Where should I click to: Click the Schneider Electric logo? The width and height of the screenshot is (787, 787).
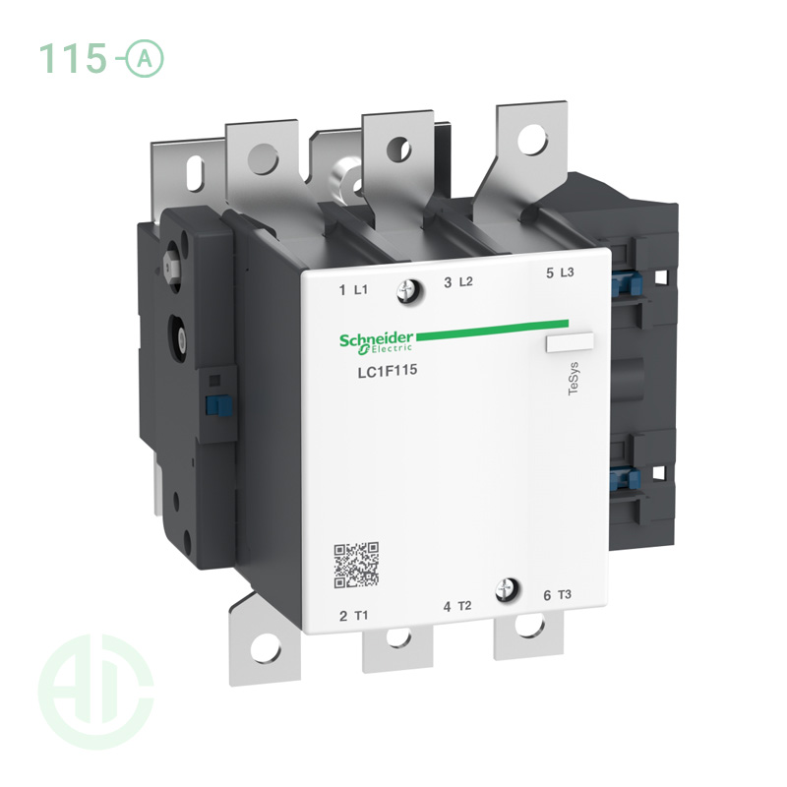pyautogui.click(x=378, y=341)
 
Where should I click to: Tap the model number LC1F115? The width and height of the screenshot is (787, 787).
pyautogui.click(x=383, y=371)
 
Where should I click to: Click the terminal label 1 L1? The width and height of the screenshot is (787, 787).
pyautogui.click(x=353, y=289)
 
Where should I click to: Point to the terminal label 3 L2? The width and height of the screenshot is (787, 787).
pyautogui.click(x=458, y=282)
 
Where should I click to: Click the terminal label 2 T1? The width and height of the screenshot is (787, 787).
pyautogui.click(x=354, y=616)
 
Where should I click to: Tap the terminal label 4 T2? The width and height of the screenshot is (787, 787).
pyautogui.click(x=457, y=606)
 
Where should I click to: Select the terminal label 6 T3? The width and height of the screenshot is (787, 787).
pyautogui.click(x=556, y=595)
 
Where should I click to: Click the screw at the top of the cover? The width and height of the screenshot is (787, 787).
pyautogui.click(x=407, y=289)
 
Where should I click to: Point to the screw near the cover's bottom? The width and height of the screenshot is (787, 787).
pyautogui.click(x=510, y=588)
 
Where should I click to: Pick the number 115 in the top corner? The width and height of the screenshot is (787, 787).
pyautogui.click(x=72, y=59)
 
